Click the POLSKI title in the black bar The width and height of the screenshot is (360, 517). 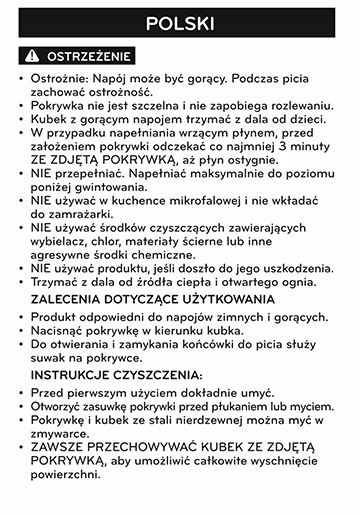click(180, 23)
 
